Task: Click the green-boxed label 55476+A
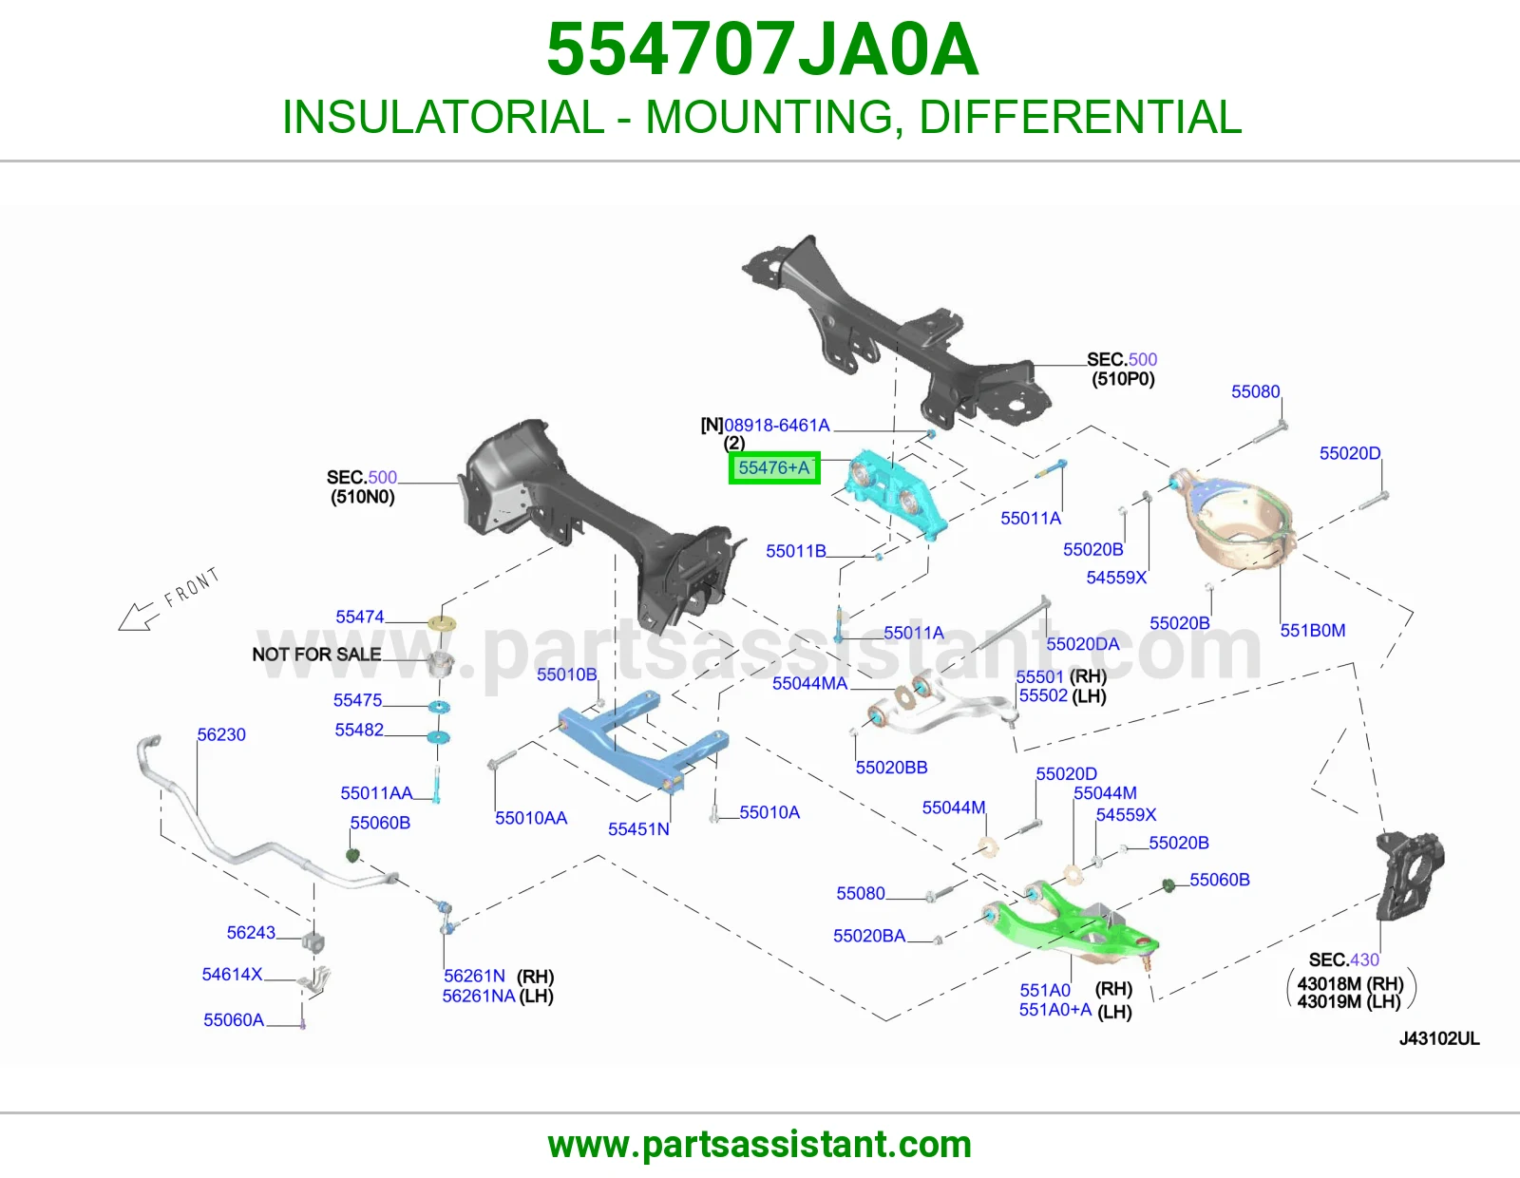(x=774, y=467)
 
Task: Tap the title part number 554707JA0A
(x=762, y=49)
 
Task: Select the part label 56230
(x=221, y=734)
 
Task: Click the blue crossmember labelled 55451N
(x=643, y=742)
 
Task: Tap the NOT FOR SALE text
(x=317, y=654)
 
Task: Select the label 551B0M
(x=1312, y=630)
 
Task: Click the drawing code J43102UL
(x=1439, y=1038)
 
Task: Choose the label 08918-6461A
(x=776, y=425)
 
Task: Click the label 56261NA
(x=479, y=996)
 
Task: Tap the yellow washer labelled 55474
(x=442, y=622)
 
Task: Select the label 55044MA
(x=809, y=683)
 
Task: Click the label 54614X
(x=232, y=974)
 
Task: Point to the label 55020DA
(x=1082, y=643)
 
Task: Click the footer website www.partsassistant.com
(x=760, y=1145)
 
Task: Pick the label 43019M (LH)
(x=1349, y=1001)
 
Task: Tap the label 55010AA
(x=531, y=818)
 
